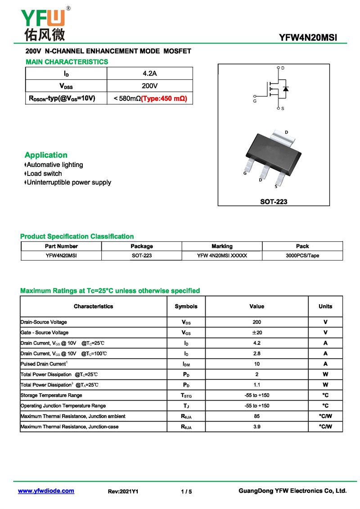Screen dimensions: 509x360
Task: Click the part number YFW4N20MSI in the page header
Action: pos(308,38)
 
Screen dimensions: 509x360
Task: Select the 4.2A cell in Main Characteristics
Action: pos(149,73)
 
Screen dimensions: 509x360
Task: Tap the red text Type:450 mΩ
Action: pos(164,98)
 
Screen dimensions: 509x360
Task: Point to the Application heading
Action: pos(46,155)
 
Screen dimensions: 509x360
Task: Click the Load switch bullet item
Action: pos(44,174)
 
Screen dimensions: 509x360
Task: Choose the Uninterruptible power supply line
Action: pos(68,183)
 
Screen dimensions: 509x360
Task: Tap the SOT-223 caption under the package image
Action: pos(274,202)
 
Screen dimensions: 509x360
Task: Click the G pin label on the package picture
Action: pos(244,173)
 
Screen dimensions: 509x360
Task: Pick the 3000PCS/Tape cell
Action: pos(302,256)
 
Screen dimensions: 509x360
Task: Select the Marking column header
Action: pos(222,246)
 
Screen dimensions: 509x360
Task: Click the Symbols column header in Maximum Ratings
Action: pos(186,306)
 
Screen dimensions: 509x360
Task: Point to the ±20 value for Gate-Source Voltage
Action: pos(257,333)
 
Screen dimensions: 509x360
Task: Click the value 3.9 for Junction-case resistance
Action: pos(257,427)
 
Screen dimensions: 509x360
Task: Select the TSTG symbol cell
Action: pos(186,395)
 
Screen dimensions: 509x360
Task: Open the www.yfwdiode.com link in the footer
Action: pos(46,491)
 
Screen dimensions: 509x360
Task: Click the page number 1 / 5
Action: pos(186,491)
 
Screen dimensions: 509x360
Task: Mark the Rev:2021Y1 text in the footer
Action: pos(123,491)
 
